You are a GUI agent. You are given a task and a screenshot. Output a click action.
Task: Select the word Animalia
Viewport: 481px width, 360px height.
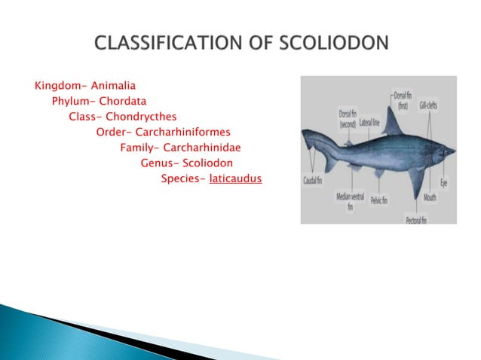coord(113,85)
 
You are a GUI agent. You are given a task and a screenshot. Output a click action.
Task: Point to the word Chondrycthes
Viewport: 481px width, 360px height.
coord(141,117)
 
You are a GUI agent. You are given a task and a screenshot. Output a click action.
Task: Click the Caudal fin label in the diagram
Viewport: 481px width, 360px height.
coord(314,181)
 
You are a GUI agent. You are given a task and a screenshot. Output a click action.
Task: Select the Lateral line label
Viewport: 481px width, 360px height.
coord(369,121)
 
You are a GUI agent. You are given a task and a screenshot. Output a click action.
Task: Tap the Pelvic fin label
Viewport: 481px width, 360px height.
coord(378,200)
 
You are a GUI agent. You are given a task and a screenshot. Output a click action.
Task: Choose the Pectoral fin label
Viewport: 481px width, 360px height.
coord(415,220)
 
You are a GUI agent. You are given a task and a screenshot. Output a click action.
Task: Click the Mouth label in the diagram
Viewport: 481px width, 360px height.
coord(430,197)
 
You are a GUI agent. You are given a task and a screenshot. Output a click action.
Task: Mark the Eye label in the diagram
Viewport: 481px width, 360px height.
coord(443,182)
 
